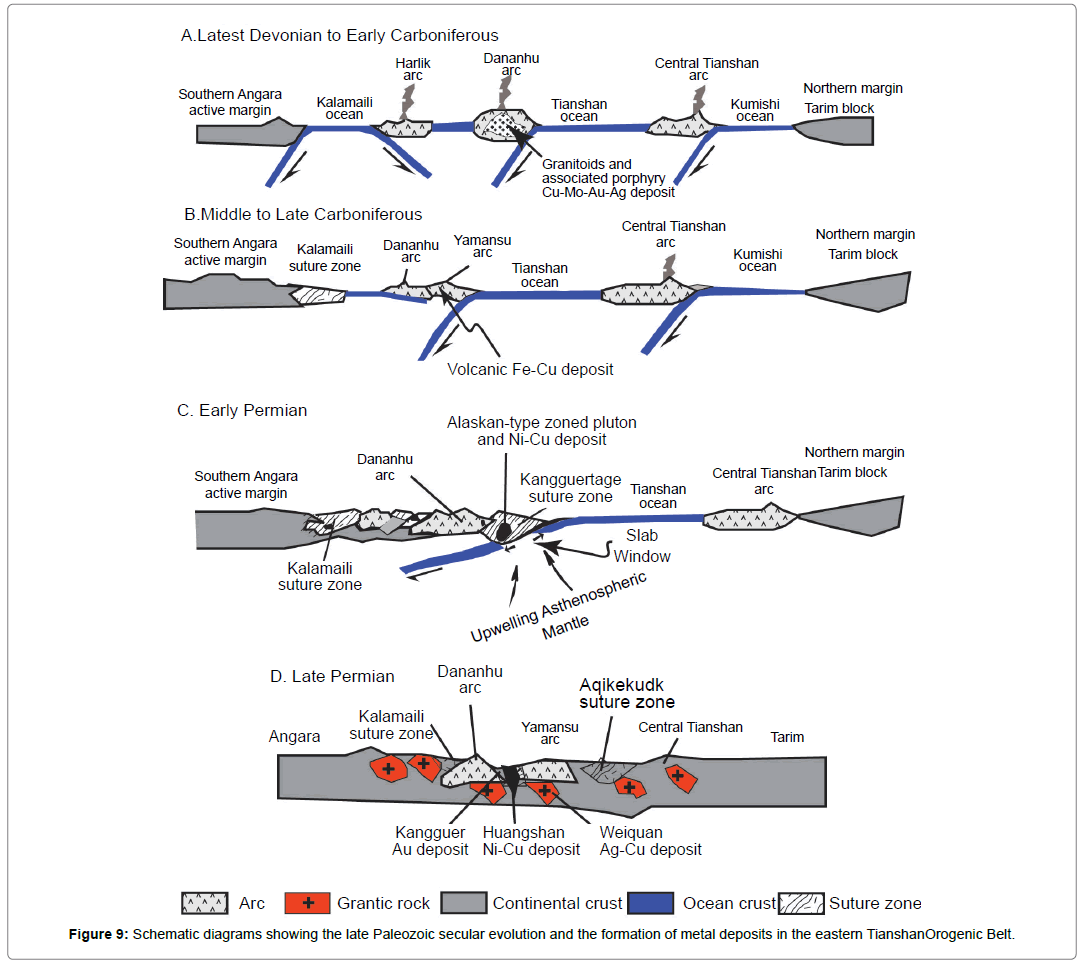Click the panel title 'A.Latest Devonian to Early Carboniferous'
point(339,36)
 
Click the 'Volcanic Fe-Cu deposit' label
point(530,369)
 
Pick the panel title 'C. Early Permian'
point(243,411)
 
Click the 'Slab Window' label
point(642,545)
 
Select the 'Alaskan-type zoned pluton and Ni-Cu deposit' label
point(541,431)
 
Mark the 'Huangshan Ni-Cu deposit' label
point(531,841)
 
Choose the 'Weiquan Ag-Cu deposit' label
point(650,841)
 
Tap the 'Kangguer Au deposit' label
point(430,841)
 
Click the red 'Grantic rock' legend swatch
point(308,903)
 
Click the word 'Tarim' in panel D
point(787,737)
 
